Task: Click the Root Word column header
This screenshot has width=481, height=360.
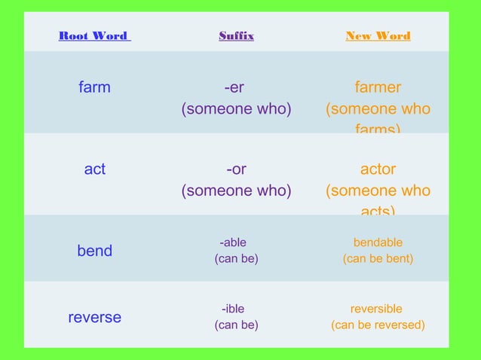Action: (x=94, y=36)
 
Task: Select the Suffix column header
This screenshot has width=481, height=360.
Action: (x=236, y=36)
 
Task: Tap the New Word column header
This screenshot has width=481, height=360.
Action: (x=378, y=36)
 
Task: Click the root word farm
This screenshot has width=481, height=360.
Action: (x=94, y=87)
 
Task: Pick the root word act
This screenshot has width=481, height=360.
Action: (x=94, y=169)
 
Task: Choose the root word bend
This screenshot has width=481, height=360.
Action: (x=94, y=251)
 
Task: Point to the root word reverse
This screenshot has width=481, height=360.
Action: (x=94, y=317)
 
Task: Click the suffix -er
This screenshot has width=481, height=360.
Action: (x=236, y=87)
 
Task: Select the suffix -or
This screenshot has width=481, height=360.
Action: (x=236, y=169)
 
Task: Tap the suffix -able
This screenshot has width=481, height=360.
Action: (x=233, y=243)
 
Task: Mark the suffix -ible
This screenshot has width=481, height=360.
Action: (x=233, y=309)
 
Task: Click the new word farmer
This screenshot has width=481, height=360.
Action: (x=378, y=87)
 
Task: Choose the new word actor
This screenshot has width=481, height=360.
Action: (x=378, y=169)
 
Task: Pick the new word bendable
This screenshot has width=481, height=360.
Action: (x=378, y=243)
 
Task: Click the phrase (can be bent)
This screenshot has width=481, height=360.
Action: (x=378, y=259)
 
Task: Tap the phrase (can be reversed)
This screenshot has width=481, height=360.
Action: (x=378, y=325)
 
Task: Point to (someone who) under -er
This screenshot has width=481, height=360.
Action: (x=236, y=109)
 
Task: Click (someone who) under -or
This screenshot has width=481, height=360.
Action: (x=236, y=191)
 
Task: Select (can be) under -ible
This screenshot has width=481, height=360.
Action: (x=236, y=325)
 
